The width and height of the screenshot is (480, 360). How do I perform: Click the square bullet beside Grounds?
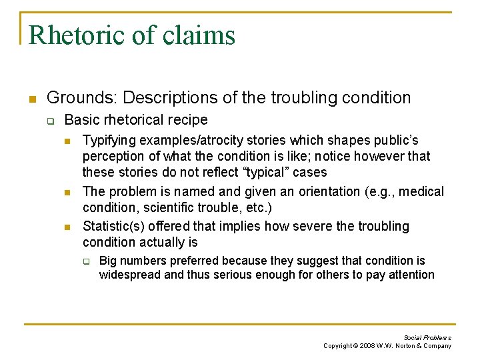tap(31, 99)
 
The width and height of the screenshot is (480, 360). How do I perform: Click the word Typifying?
tap(109, 141)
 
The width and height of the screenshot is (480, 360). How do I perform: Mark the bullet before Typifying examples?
tap(67, 141)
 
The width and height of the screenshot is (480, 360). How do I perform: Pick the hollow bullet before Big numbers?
tap(86, 261)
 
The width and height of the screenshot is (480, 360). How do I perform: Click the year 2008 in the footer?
tap(367, 346)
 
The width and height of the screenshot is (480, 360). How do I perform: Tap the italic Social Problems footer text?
tap(427, 337)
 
